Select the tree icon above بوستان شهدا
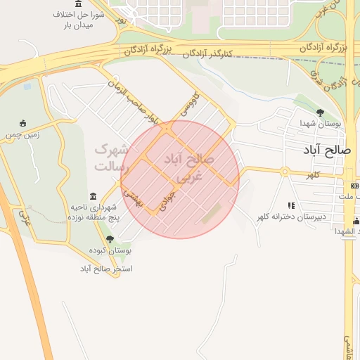click(320, 112)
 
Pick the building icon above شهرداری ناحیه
click(94, 196)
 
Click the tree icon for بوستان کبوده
click(109, 239)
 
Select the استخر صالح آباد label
click(106, 269)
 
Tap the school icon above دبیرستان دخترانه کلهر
click(291, 205)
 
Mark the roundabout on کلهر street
click(285, 172)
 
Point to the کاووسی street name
click(192, 105)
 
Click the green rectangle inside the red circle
click(212, 213)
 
